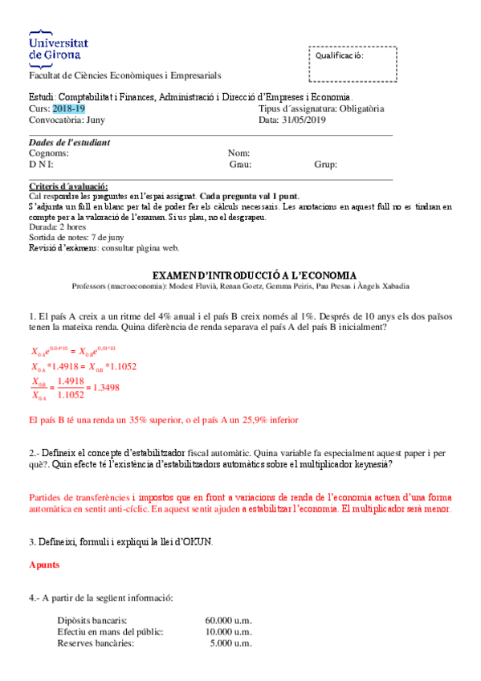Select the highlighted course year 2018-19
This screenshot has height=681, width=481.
click(68, 108)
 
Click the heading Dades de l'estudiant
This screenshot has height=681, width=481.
click(69, 142)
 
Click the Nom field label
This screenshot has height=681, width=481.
click(239, 153)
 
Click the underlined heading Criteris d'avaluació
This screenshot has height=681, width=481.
click(67, 186)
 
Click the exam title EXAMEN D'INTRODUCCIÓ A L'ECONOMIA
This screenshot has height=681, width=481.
click(243, 275)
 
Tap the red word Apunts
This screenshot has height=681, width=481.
click(43, 565)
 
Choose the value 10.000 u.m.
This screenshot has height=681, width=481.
click(228, 632)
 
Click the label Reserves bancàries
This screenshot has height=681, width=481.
click(96, 643)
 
